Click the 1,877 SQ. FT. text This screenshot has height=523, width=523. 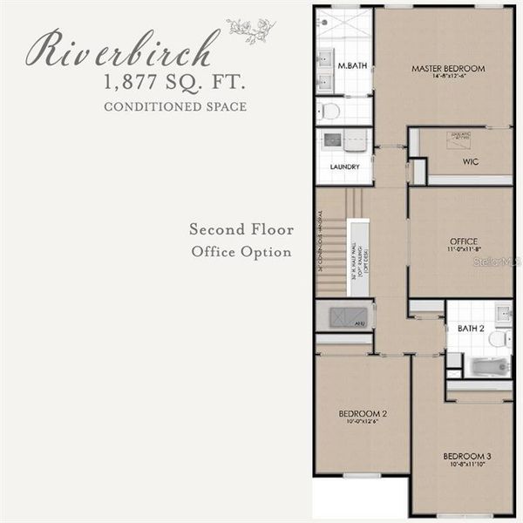point(175,85)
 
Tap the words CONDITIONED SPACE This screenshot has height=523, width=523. point(174,107)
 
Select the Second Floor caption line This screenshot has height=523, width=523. point(241,230)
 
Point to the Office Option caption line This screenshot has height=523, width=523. point(241,252)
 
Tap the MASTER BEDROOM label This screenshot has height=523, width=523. point(448,68)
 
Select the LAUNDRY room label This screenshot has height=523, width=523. point(344,166)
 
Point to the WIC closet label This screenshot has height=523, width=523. point(471,161)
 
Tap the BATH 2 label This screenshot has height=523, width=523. point(471,329)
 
